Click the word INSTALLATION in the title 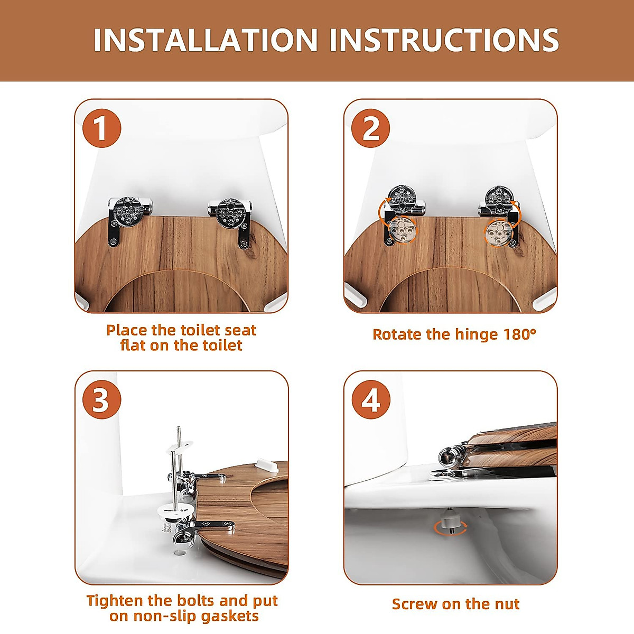tap(206, 40)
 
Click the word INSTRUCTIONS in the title tap(444, 40)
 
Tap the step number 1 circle tap(102, 128)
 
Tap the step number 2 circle tap(371, 128)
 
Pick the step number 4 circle tap(371, 399)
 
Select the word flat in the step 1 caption tap(133, 346)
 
